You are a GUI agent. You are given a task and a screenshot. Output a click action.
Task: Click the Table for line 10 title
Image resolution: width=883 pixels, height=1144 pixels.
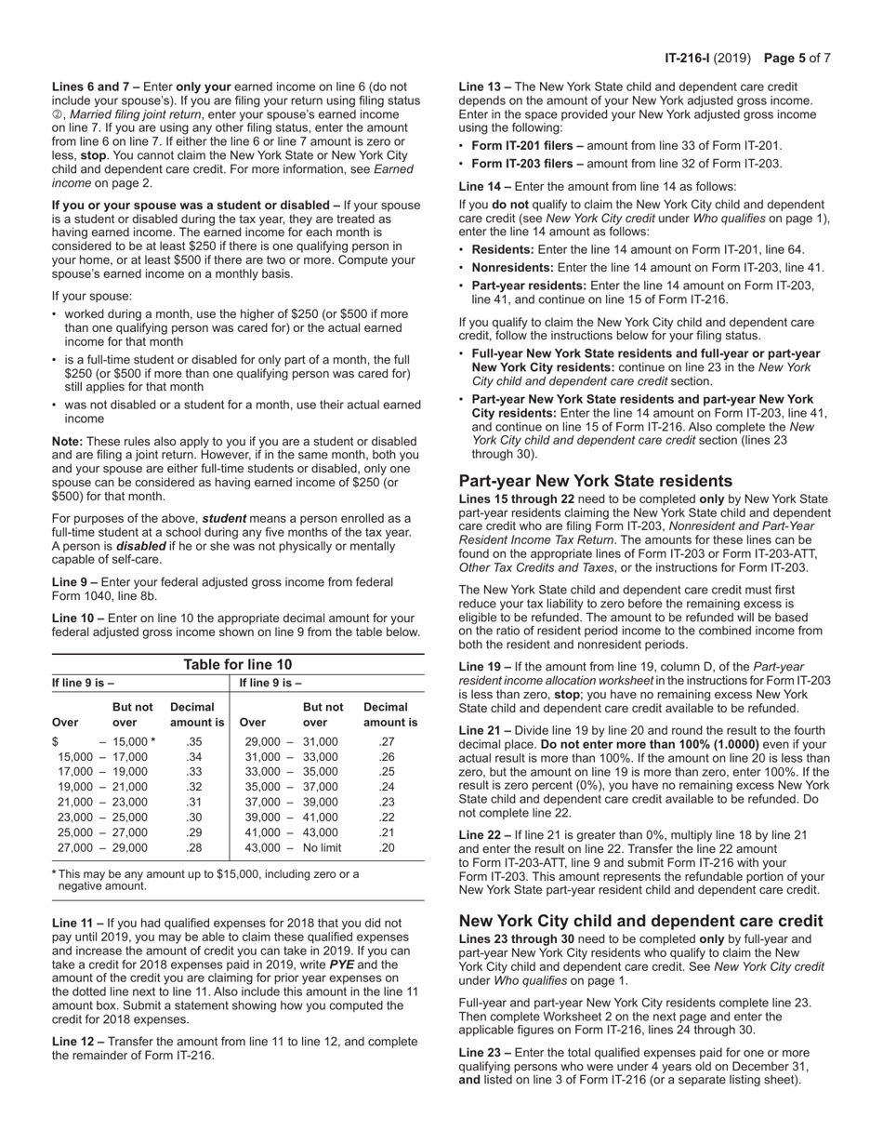(237, 664)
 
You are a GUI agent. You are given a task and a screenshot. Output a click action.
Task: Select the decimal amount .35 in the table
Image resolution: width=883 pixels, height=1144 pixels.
(193, 741)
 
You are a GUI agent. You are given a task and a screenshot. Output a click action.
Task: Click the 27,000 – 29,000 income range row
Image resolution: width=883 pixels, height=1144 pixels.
(102, 847)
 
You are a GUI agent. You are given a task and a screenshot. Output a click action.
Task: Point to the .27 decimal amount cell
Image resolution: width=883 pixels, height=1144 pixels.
(387, 741)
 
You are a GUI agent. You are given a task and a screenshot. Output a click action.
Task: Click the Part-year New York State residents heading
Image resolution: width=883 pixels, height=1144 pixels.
(595, 481)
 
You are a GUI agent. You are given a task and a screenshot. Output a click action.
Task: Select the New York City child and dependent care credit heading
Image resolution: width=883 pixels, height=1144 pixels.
(640, 921)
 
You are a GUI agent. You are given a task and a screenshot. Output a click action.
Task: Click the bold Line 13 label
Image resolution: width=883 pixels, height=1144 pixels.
(484, 86)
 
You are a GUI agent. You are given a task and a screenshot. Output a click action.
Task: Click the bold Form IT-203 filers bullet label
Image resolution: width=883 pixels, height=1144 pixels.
(527, 164)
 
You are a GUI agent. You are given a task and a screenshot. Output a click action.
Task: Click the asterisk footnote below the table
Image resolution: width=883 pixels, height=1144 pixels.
(204, 880)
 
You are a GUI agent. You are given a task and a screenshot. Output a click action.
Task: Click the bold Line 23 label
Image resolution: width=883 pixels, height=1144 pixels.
(484, 1052)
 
